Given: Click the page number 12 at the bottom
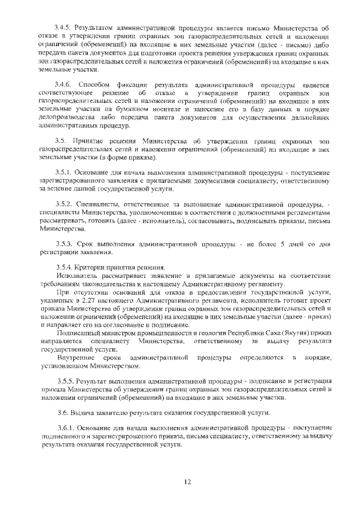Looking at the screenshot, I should [188, 481].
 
